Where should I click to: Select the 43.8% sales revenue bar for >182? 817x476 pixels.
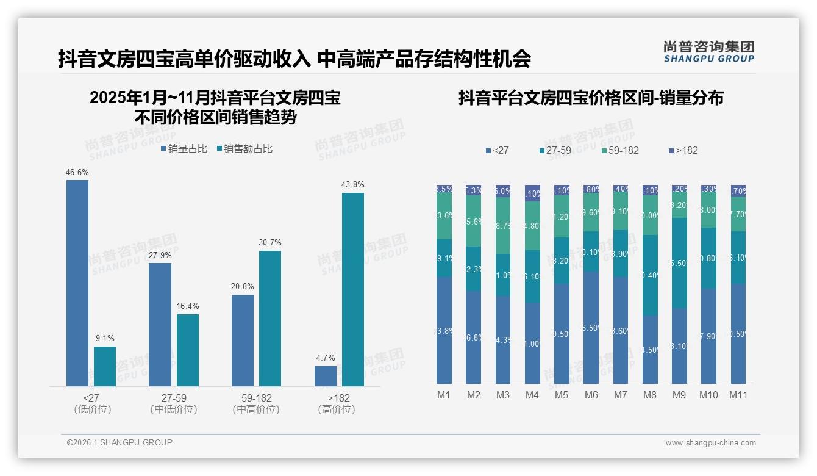353,289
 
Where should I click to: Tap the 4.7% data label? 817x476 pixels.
326,358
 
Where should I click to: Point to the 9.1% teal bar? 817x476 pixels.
105,366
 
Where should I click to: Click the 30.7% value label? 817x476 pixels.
270,242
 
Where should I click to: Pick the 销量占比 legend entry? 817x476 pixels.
184,149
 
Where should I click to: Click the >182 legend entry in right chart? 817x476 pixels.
683,150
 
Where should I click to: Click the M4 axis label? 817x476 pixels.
532,395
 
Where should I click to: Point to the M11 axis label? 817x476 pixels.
738,395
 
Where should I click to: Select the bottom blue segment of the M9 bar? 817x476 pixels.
679,346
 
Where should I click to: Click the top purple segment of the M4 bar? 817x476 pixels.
532,193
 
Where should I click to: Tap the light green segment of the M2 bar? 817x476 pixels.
473,221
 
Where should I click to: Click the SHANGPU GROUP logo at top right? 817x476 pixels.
709,51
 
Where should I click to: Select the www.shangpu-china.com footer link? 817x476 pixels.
710,443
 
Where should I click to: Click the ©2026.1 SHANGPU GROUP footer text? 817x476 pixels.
120,442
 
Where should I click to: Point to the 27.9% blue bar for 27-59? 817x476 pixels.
160,324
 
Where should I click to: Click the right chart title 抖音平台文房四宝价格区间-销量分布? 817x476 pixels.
590,98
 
